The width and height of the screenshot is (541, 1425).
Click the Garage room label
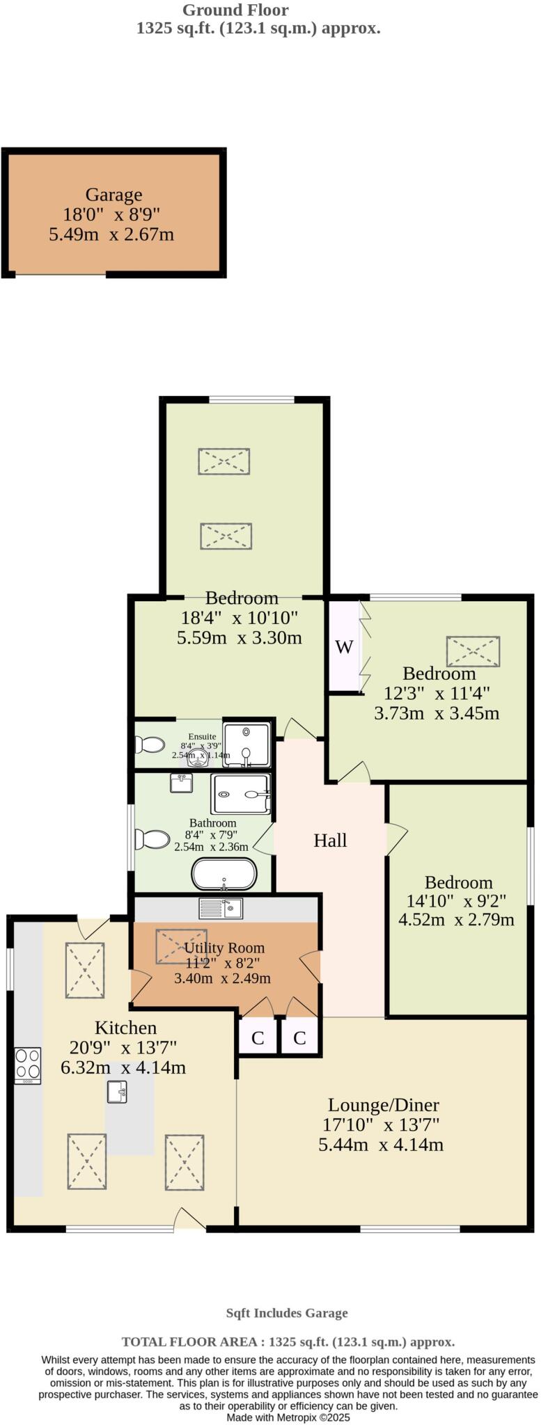[x=113, y=195]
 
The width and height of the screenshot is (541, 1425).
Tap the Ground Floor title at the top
[x=235, y=10]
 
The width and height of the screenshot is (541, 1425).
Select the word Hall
[x=329, y=841]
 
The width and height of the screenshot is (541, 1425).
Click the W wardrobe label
[x=344, y=647]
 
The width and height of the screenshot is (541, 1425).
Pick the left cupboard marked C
[x=258, y=1039]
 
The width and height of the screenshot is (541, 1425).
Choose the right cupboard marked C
[x=299, y=1039]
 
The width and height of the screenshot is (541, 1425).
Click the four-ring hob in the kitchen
[x=28, y=1065]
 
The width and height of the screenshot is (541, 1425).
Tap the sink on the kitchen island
[x=117, y=1092]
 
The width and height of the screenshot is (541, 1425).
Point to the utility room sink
[x=220, y=908]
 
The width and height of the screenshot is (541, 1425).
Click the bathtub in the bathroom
[x=224, y=875]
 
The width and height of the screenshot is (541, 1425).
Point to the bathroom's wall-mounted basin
[x=181, y=783]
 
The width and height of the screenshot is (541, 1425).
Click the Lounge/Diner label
[x=383, y=1105]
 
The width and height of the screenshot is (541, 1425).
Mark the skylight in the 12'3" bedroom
[x=473, y=651]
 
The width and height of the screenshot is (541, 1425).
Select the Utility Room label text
[x=224, y=948]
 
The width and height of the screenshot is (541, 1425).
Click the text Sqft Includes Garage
[x=286, y=1313]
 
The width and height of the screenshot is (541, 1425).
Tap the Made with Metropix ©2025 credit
[x=288, y=1417]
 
